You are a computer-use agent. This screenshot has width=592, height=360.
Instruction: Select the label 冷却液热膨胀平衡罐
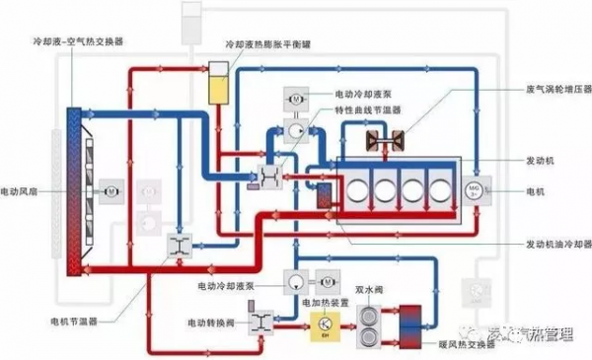(264, 45)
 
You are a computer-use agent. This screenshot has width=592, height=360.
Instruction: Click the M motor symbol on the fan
(111, 184)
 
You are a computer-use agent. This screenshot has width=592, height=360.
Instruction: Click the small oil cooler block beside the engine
(325, 192)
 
